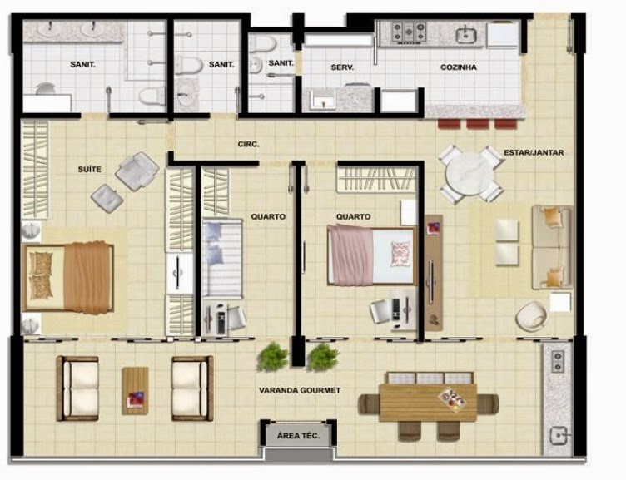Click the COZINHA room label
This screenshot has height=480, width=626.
[x=459, y=67]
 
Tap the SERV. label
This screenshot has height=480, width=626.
[x=342, y=67]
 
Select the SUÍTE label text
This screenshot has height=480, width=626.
[x=89, y=169]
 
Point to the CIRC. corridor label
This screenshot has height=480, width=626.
[x=248, y=144]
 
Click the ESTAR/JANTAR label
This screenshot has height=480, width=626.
[x=534, y=152]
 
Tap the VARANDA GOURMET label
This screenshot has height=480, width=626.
[x=300, y=390]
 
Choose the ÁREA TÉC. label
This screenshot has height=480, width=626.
[x=298, y=436]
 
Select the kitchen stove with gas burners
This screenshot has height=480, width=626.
[x=409, y=32]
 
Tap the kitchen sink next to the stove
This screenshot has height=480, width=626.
[x=465, y=35]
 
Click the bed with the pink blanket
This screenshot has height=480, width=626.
[x=371, y=255]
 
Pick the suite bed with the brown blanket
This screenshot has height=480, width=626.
[x=68, y=277]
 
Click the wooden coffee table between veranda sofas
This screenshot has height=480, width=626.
[x=136, y=391]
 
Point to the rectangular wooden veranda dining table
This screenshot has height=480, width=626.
[x=428, y=403]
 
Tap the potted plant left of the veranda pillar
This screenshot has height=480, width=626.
[x=273, y=356]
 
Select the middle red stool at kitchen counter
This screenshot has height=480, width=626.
[x=478, y=124]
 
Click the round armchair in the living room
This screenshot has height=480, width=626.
[x=531, y=315]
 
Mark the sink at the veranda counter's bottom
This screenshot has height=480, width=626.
[x=559, y=436]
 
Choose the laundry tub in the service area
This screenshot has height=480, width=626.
[x=323, y=99]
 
